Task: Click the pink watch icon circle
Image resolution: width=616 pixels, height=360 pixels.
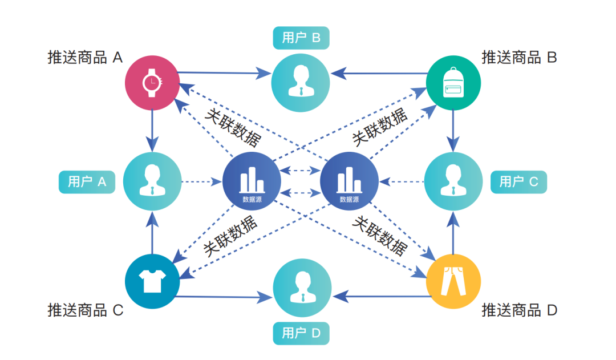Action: pos(152,83)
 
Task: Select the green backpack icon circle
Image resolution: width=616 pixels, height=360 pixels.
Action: pos(453,83)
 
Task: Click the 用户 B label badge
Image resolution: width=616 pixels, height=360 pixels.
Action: pos(301,38)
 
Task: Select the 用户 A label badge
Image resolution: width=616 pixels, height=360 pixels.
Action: pos(87,182)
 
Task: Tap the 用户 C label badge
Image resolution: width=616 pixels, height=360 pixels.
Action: pos(518,182)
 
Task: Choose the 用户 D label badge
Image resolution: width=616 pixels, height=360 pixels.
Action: pos(301,333)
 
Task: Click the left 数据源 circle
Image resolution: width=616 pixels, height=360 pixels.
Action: pos(251,181)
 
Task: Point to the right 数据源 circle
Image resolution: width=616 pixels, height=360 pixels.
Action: pos(349,181)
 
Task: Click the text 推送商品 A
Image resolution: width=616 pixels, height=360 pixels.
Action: pos(85,58)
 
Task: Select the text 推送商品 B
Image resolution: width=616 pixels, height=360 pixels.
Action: pos(519,58)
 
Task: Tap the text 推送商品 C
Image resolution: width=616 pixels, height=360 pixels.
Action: pos(85,310)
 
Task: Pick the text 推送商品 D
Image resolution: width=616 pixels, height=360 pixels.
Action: pos(519,310)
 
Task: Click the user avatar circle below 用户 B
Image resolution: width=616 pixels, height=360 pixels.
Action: pos(301,83)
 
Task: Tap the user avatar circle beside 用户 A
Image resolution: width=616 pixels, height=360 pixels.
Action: pos(152,181)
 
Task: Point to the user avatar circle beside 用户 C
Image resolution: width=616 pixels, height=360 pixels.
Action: pos(453,181)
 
